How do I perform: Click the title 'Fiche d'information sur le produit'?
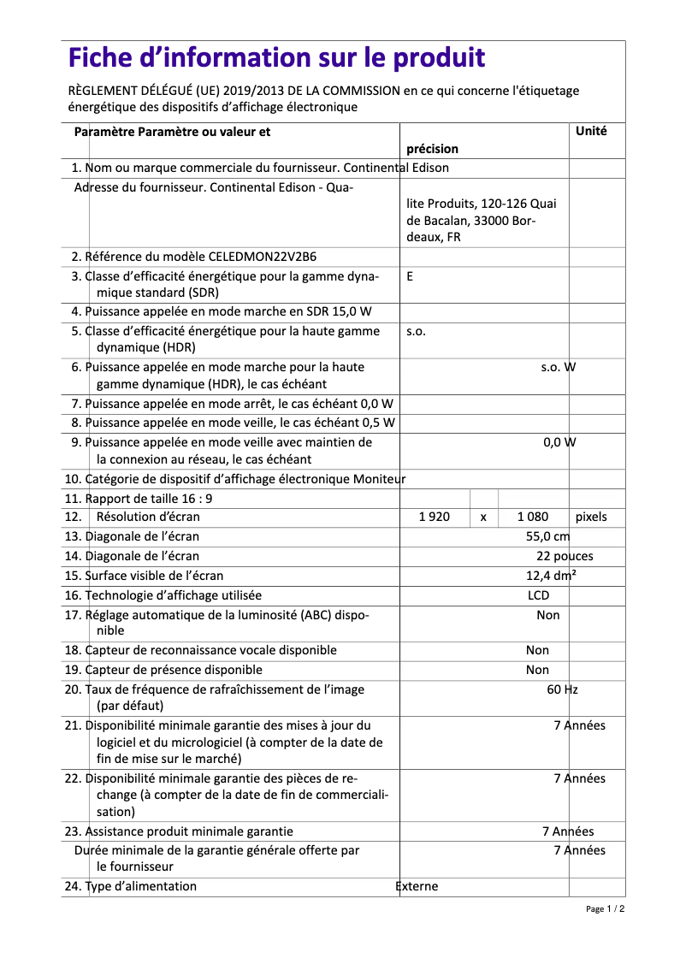click(x=276, y=58)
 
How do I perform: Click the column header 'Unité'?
click(x=591, y=132)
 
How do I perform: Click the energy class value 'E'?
click(x=410, y=276)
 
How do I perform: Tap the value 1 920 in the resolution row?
click(x=434, y=517)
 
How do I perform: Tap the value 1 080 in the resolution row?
click(x=533, y=517)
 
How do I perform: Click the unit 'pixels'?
click(x=591, y=517)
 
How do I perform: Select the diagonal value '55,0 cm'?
click(x=547, y=536)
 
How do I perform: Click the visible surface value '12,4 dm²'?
click(x=551, y=576)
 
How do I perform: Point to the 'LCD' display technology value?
click(x=538, y=595)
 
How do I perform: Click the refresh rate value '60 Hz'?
click(x=562, y=689)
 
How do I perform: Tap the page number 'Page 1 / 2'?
click(x=605, y=909)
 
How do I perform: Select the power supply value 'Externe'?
click(x=417, y=886)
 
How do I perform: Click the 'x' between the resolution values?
click(x=483, y=518)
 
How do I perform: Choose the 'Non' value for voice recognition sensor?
click(x=537, y=650)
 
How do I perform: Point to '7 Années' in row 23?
click(x=568, y=831)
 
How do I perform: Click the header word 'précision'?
click(x=432, y=149)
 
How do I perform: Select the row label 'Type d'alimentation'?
click(x=141, y=886)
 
